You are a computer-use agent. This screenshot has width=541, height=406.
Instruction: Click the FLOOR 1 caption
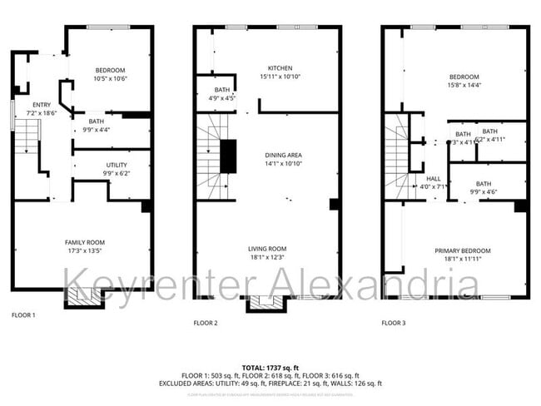pos(23,315)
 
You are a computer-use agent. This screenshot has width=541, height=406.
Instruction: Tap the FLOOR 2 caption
pos(206,322)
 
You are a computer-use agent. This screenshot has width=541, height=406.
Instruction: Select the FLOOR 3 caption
pos(394,322)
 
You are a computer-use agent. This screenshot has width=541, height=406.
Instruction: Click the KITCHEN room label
pos(280,68)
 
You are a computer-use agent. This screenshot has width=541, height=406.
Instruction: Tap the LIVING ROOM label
pos(267,249)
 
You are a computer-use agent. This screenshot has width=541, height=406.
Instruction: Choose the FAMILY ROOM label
pos(85,242)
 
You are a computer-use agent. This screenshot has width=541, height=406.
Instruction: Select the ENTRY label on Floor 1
pos(42,105)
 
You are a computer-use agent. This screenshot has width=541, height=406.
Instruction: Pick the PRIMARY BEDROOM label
pos(462,250)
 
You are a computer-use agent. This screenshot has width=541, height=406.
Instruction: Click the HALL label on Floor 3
pos(434,178)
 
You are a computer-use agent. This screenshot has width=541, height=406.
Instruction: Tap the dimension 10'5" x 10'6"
pos(109,78)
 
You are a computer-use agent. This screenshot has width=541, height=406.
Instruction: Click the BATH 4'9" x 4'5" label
pos(221,93)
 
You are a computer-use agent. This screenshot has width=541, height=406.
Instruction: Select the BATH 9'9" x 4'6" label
pos(484,187)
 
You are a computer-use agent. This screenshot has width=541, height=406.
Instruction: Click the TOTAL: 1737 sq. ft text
pos(270,367)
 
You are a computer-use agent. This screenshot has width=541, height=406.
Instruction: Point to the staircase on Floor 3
pos(399,157)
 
